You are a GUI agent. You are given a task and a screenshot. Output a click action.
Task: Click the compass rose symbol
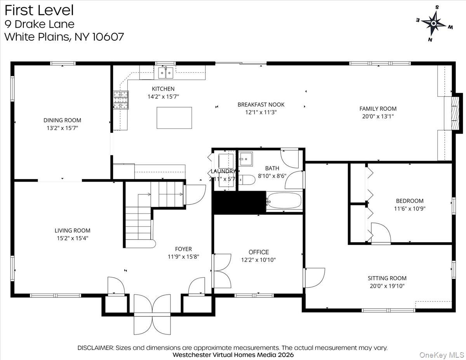[x=433, y=23]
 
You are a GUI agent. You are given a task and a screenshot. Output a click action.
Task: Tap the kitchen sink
[x=165, y=73]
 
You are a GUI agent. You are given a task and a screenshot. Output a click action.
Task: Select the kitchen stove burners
[x=121, y=99]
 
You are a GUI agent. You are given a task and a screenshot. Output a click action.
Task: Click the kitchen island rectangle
[x=174, y=118]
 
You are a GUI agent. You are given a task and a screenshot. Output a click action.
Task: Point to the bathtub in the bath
[x=284, y=201]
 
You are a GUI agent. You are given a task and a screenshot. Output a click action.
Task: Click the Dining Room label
[x=62, y=120]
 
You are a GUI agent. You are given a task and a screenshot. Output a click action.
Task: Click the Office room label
[x=259, y=252]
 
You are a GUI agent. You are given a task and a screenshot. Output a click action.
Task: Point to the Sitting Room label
[x=387, y=278]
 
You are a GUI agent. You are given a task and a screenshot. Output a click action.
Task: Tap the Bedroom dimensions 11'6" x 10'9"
[x=409, y=208]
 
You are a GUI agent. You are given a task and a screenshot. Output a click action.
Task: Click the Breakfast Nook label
[x=261, y=104]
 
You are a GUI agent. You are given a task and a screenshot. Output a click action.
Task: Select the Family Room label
[x=378, y=109]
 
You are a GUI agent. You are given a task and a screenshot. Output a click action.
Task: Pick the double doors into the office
[x=222, y=271]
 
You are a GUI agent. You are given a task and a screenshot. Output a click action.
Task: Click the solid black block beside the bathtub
[x=238, y=202]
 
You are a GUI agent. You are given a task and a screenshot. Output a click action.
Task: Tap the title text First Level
[x=39, y=10]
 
